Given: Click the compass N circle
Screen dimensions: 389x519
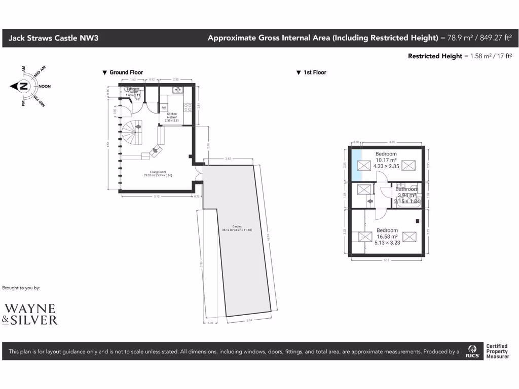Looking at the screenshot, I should [x=24, y=86].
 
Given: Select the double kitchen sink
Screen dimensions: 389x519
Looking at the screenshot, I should [x=176, y=91].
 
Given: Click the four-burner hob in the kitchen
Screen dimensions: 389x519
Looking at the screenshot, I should [x=187, y=107].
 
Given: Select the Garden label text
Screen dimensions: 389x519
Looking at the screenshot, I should [x=237, y=226].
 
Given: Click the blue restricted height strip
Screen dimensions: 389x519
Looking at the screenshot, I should [x=357, y=165].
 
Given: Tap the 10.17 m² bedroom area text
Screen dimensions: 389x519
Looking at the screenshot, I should [x=386, y=160].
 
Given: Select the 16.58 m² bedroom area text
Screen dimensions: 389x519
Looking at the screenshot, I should [x=387, y=236].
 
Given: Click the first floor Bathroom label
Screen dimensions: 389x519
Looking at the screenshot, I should [x=407, y=189].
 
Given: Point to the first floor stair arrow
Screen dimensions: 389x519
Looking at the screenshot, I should [x=370, y=202].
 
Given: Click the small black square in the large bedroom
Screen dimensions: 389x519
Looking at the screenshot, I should [x=417, y=221].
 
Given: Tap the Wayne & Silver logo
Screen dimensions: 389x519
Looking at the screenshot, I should [x=30, y=314].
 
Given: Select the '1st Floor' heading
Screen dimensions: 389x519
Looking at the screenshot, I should [x=314, y=72].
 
